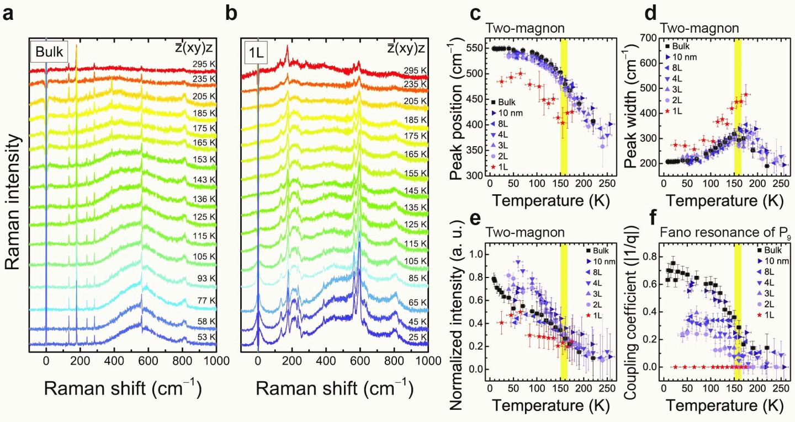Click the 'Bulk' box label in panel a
point(49,54)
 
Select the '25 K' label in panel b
point(415,337)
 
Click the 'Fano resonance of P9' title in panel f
point(704,233)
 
